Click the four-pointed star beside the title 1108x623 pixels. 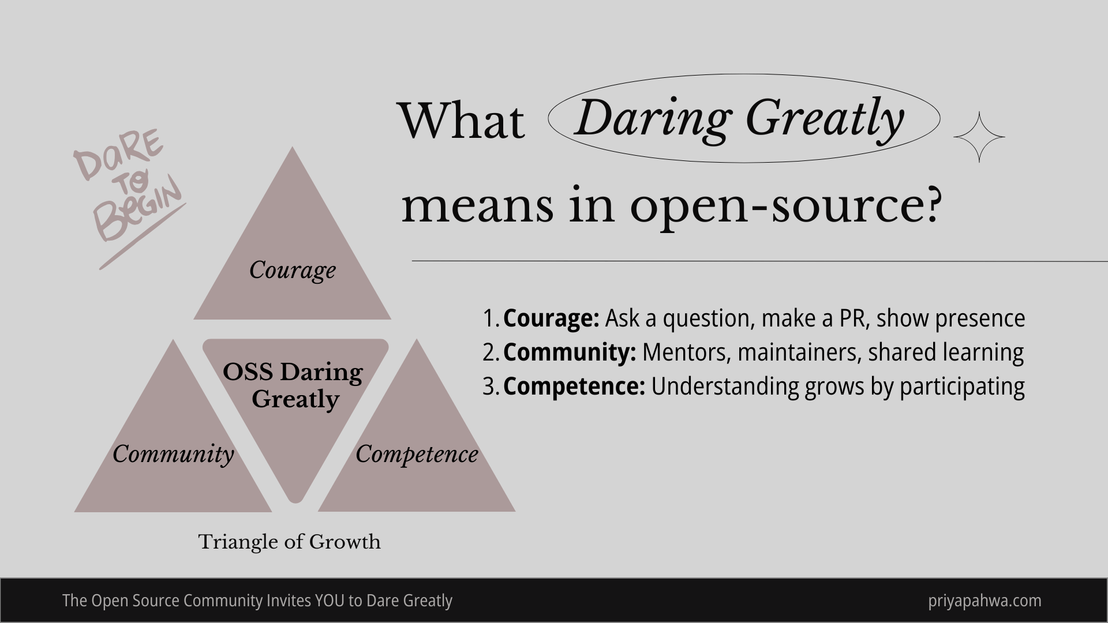tap(979, 137)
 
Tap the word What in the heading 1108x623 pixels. tap(462, 121)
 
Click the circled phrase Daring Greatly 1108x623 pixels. tap(739, 118)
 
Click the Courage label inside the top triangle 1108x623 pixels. tap(293, 270)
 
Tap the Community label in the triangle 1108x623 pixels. tap(173, 454)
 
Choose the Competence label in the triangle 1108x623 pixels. tap(417, 454)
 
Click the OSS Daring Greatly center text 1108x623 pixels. tap(293, 385)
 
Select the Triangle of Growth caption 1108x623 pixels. tap(289, 542)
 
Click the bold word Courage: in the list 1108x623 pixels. tap(551, 318)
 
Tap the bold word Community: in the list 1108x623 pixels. tap(569, 352)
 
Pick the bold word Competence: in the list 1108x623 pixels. tap(574, 386)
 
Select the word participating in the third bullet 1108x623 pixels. tap(962, 386)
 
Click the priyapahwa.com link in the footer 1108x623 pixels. tap(985, 601)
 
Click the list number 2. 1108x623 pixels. tap(490, 352)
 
